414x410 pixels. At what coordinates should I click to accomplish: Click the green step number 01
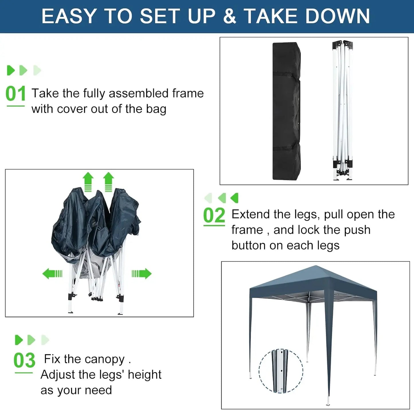coord(15,94)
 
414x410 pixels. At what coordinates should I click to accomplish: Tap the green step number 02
coord(214,216)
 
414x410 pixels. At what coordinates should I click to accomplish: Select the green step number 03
coord(24,360)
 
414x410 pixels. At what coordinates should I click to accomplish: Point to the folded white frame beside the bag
coord(342,110)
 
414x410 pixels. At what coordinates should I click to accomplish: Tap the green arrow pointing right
coord(142,274)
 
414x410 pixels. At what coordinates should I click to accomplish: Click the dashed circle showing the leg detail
coord(280,371)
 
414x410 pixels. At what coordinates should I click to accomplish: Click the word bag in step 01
coord(156,110)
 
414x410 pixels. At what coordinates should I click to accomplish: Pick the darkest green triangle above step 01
coord(11,70)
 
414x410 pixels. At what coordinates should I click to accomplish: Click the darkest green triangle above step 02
coord(235,198)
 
